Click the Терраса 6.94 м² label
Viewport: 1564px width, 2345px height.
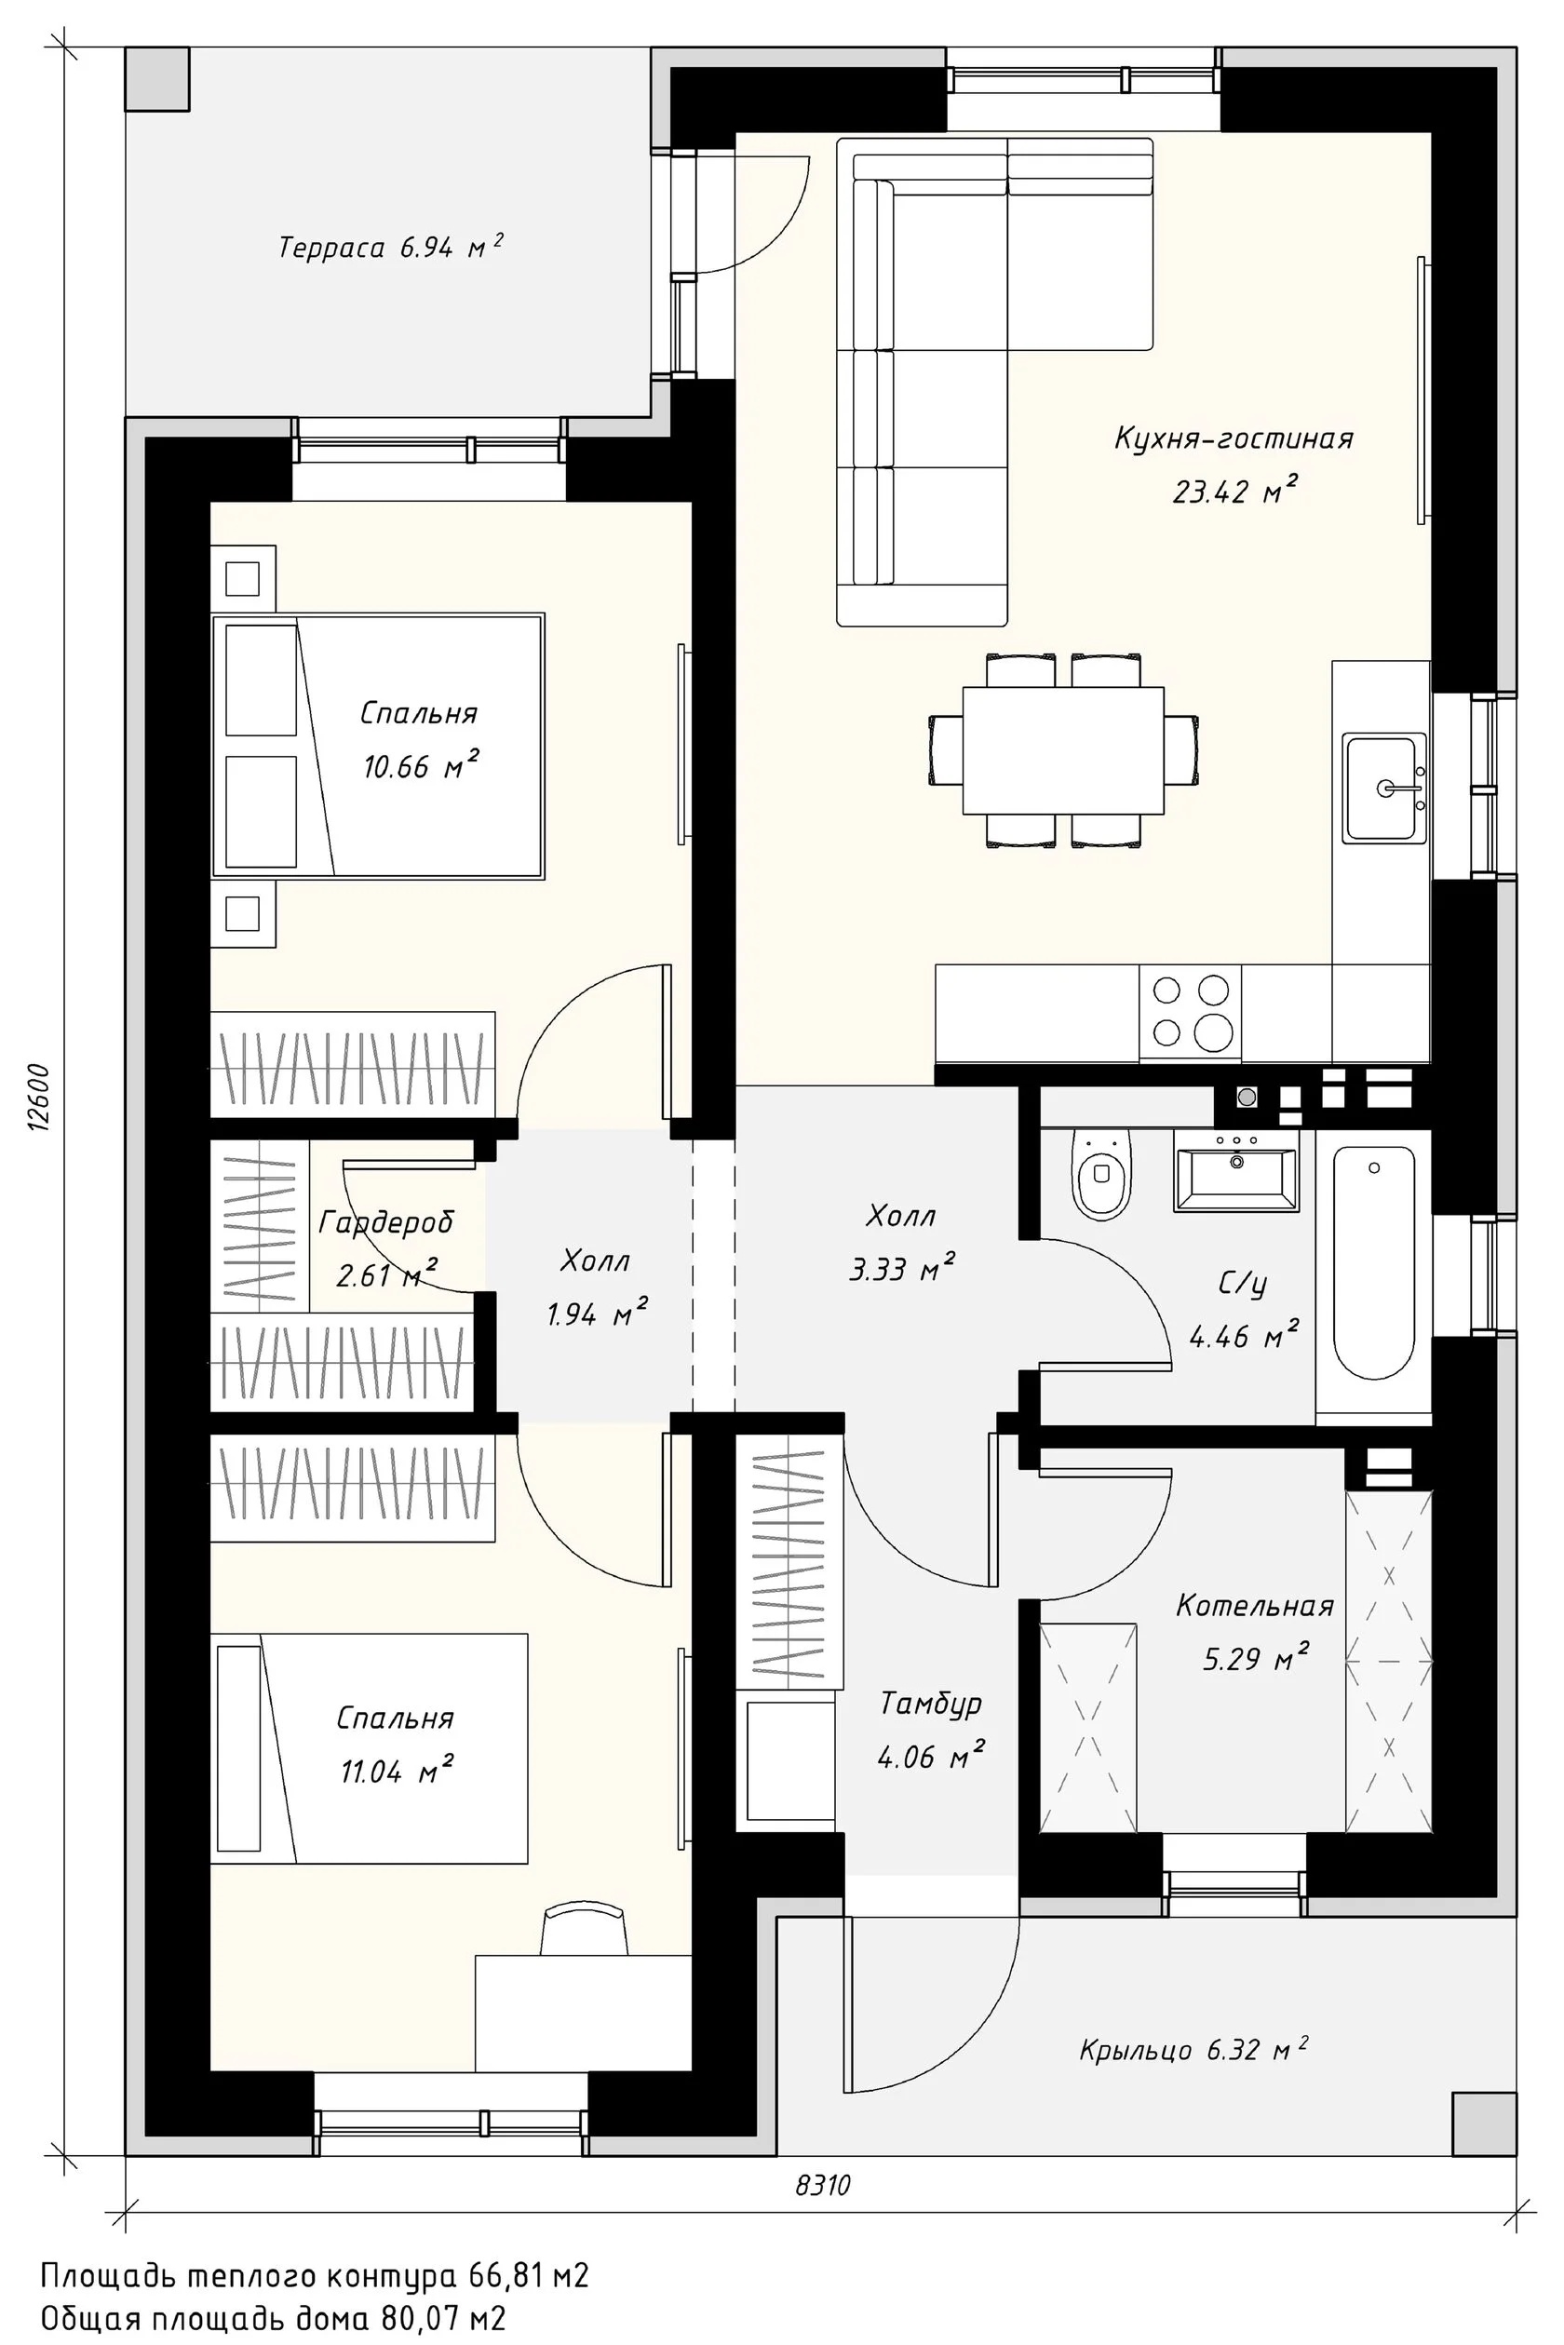click(390, 247)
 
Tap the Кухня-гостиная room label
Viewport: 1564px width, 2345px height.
click(1234, 438)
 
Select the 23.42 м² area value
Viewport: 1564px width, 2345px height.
click(1234, 492)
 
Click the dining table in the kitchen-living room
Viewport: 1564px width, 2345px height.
click(1063, 750)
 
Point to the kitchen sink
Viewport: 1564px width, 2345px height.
click(1383, 788)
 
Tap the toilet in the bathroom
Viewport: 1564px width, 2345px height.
click(1101, 1174)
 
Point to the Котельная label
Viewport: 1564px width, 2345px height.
click(1255, 1605)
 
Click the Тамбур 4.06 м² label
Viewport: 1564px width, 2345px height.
click(932, 1730)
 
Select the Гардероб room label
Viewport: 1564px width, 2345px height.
click(386, 1222)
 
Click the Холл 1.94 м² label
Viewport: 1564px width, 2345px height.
click(596, 1287)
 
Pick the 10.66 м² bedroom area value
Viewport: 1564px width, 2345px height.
click(421, 766)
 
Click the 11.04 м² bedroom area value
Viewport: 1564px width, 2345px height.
click(397, 1771)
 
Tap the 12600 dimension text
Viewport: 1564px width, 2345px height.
click(39, 1098)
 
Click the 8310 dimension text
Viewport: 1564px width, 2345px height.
click(823, 2186)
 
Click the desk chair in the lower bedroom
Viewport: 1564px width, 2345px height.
click(585, 1930)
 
